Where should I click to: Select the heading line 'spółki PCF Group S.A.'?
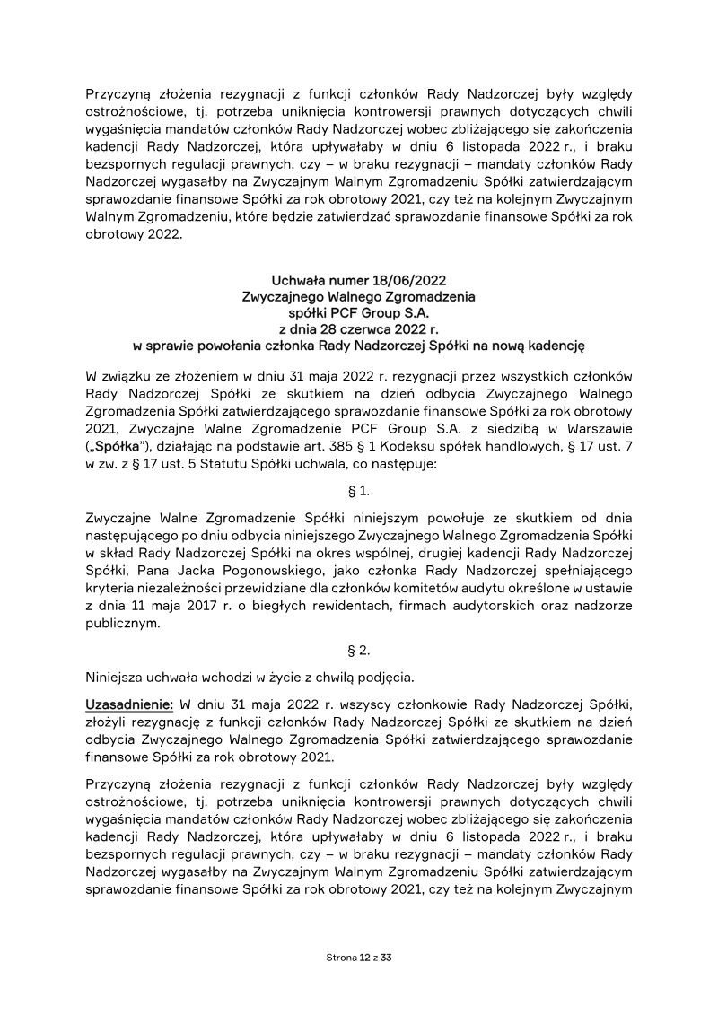tap(358, 311)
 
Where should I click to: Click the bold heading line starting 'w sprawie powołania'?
tap(358, 343)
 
